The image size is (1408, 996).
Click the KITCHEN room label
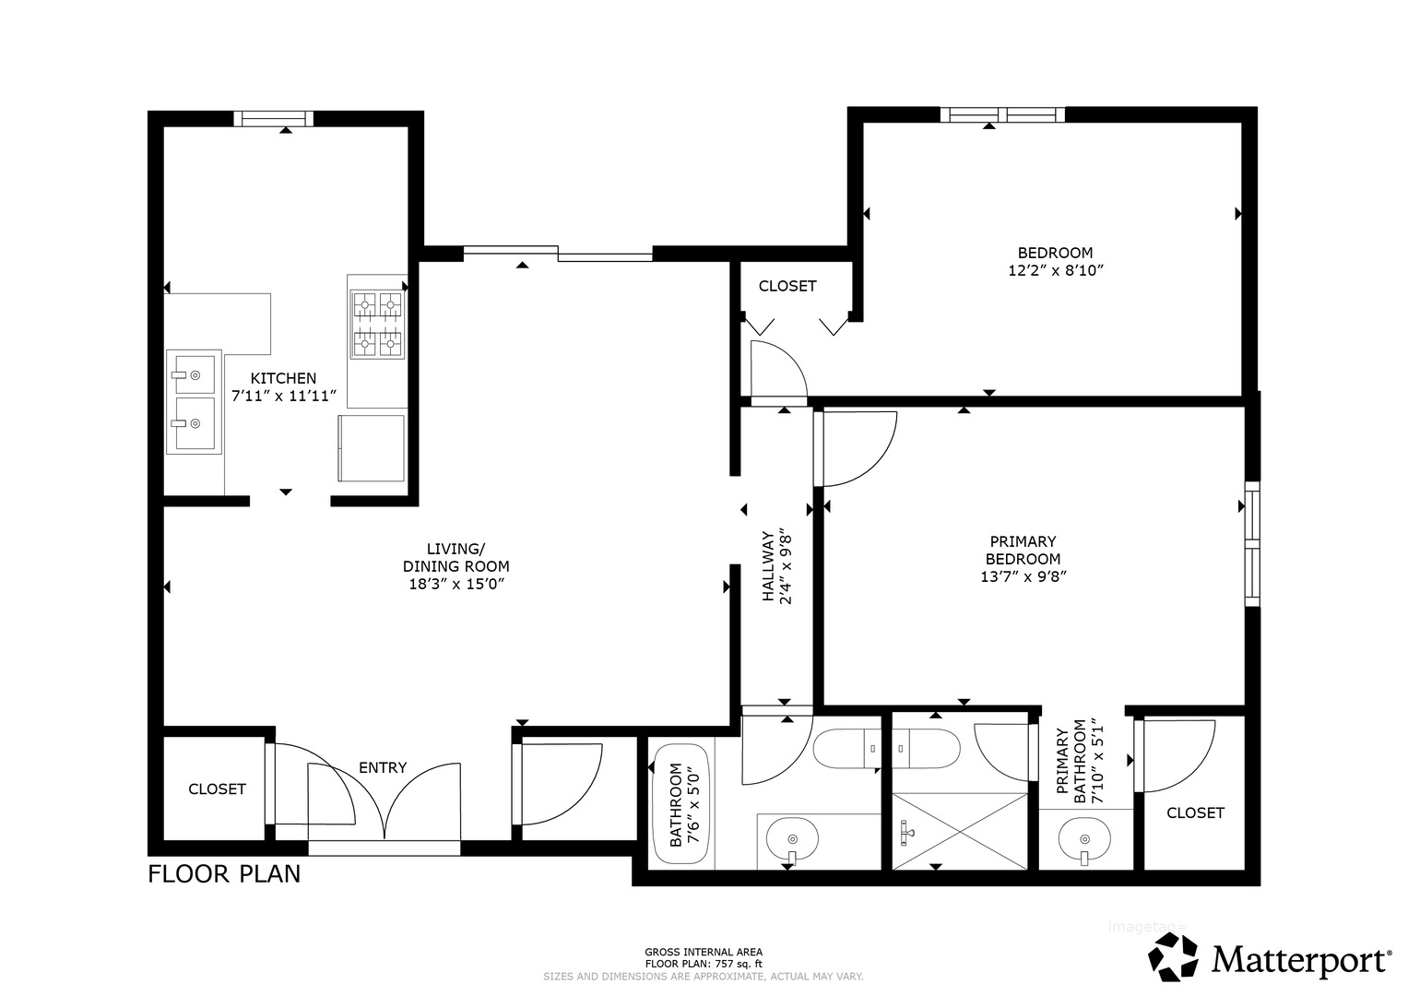[283, 378]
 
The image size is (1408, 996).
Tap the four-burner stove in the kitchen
[377, 325]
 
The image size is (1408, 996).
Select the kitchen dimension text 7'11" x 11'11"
[284, 397]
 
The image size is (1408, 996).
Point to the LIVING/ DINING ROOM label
[456, 557]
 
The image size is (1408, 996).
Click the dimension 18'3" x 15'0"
[457, 584]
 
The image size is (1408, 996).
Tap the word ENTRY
[383, 767]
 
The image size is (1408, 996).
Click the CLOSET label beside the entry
[217, 789]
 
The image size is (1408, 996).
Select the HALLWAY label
[767, 566]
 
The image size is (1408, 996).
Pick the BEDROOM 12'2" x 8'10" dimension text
[1056, 270]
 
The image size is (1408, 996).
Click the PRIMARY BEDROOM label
[1023, 551]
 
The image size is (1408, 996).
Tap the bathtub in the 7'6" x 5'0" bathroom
[681, 805]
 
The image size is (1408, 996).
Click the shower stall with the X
[961, 832]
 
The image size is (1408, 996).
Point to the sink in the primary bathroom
[1084, 839]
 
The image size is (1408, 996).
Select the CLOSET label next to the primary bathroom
[1196, 813]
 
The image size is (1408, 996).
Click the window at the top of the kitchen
[274, 118]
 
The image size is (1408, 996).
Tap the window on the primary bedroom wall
[1252, 544]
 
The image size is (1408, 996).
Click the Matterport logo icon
[1173, 956]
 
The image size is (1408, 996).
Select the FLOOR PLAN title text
[224, 874]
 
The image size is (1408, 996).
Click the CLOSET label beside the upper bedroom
[787, 286]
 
